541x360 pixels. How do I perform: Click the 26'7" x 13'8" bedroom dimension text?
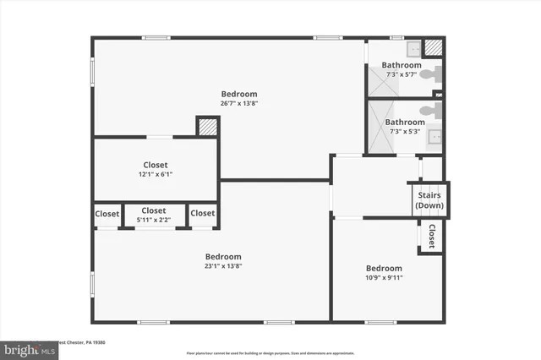pos(239,103)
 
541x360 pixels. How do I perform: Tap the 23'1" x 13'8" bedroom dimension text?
pos(223,266)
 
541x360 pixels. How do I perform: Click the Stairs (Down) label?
pos(429,200)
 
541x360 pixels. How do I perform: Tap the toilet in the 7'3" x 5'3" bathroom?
pos(433,110)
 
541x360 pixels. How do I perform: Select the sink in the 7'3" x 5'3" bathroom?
pos(434,137)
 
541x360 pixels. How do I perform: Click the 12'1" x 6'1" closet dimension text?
pos(155,174)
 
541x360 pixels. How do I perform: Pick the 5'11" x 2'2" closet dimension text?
pos(154,220)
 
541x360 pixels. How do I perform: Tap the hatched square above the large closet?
pos(207,127)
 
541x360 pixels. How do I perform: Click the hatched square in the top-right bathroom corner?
pos(434,48)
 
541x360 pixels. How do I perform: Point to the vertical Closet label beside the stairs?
pos(432,236)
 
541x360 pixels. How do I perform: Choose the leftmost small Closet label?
pos(107,214)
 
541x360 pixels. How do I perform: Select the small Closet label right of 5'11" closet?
pos(203,214)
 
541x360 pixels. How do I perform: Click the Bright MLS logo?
pos(25,348)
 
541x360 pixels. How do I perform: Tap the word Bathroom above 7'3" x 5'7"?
pos(401,65)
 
